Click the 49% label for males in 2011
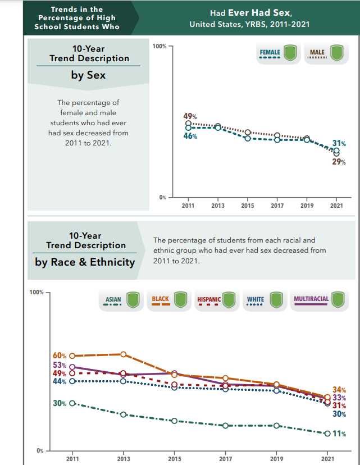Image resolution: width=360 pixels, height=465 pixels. (x=190, y=116)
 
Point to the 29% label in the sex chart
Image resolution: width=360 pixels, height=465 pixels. (x=339, y=162)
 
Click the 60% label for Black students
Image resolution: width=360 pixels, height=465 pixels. (x=60, y=356)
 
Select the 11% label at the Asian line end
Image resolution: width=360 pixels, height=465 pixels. (x=339, y=434)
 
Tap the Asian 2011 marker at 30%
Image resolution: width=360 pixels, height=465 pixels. (x=72, y=403)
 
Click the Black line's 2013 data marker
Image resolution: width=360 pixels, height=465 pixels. (x=124, y=354)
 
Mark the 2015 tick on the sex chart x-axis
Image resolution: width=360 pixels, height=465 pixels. (x=247, y=206)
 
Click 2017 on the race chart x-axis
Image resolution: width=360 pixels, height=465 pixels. (x=225, y=459)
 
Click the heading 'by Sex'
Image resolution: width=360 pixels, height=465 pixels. (x=88, y=75)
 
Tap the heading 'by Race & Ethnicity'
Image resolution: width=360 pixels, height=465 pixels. (x=85, y=262)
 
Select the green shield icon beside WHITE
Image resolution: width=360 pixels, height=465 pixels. (x=276, y=300)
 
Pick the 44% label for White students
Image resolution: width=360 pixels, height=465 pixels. (x=60, y=382)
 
